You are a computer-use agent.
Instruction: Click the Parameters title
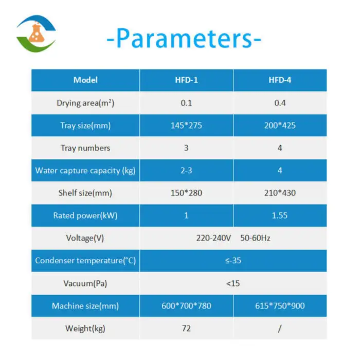184,39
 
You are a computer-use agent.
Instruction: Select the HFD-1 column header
186,80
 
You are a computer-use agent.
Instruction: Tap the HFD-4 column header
280,80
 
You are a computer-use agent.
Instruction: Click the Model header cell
85,80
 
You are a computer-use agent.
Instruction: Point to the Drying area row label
85,103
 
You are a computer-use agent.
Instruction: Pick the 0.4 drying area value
280,103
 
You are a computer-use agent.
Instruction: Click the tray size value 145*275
186,125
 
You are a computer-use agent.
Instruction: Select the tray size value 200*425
280,125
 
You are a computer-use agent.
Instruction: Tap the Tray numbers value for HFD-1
186,148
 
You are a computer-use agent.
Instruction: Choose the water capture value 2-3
186,170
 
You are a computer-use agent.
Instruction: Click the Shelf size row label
85,193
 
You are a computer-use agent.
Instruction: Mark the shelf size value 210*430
280,193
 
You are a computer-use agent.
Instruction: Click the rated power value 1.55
280,215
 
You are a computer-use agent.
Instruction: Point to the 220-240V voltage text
213,238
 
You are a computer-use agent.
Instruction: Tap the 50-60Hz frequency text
255,238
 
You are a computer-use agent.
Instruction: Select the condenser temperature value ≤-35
233,260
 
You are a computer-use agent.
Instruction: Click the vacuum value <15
233,283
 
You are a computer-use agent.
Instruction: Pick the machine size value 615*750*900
280,305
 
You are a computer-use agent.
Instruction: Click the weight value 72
186,328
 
